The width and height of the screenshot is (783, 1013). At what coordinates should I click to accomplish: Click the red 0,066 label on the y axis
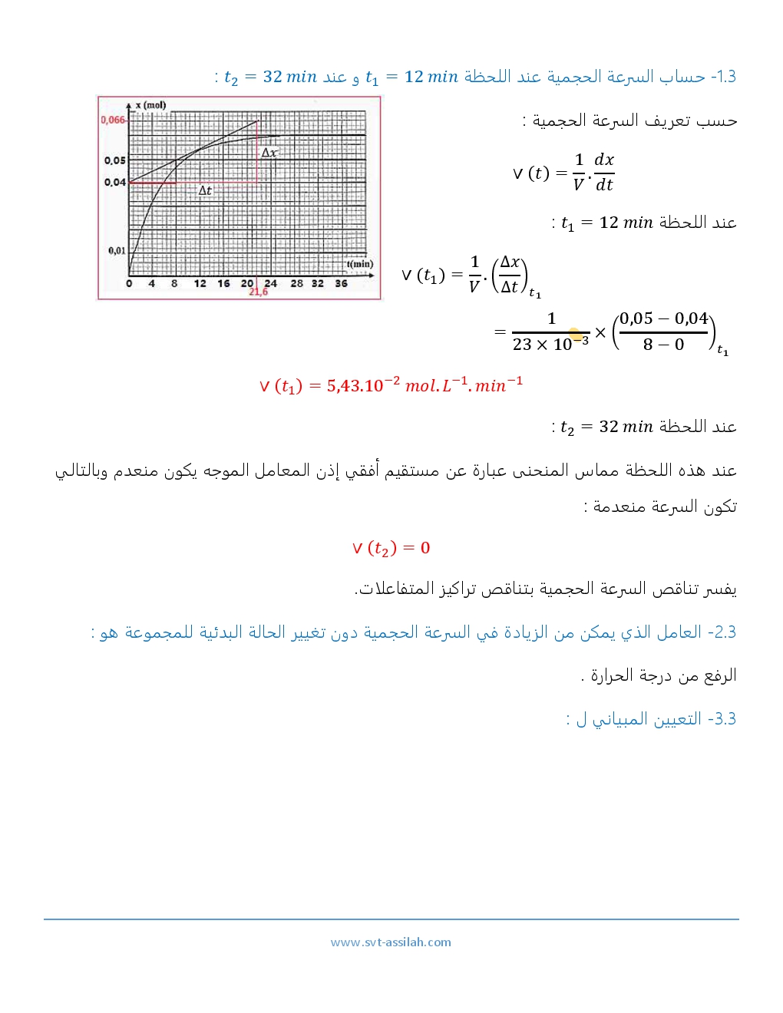112,120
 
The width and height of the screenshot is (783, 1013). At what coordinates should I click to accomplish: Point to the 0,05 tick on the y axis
115,160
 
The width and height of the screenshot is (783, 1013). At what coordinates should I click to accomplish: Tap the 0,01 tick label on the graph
117,250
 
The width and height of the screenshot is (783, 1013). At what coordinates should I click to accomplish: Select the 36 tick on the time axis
341,283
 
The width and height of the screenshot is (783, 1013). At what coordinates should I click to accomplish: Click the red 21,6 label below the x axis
258,292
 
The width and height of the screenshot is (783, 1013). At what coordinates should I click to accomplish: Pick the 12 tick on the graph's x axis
200,283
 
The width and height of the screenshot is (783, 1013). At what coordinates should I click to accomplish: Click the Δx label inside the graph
269,153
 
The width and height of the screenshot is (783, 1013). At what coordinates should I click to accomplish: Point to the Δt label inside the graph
205,190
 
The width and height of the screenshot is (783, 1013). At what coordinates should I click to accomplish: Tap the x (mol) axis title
150,105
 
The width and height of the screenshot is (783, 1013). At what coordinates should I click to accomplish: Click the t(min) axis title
360,264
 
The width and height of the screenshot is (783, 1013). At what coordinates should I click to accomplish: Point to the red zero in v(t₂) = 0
425,548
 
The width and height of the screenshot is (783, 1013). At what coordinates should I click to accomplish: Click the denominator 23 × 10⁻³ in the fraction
550,344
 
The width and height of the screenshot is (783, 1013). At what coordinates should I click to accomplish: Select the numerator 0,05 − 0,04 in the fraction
663,318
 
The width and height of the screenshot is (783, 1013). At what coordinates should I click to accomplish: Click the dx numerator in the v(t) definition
604,160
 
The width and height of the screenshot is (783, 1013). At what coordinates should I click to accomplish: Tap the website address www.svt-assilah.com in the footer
391,942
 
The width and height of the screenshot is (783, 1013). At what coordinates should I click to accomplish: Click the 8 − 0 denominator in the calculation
663,345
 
